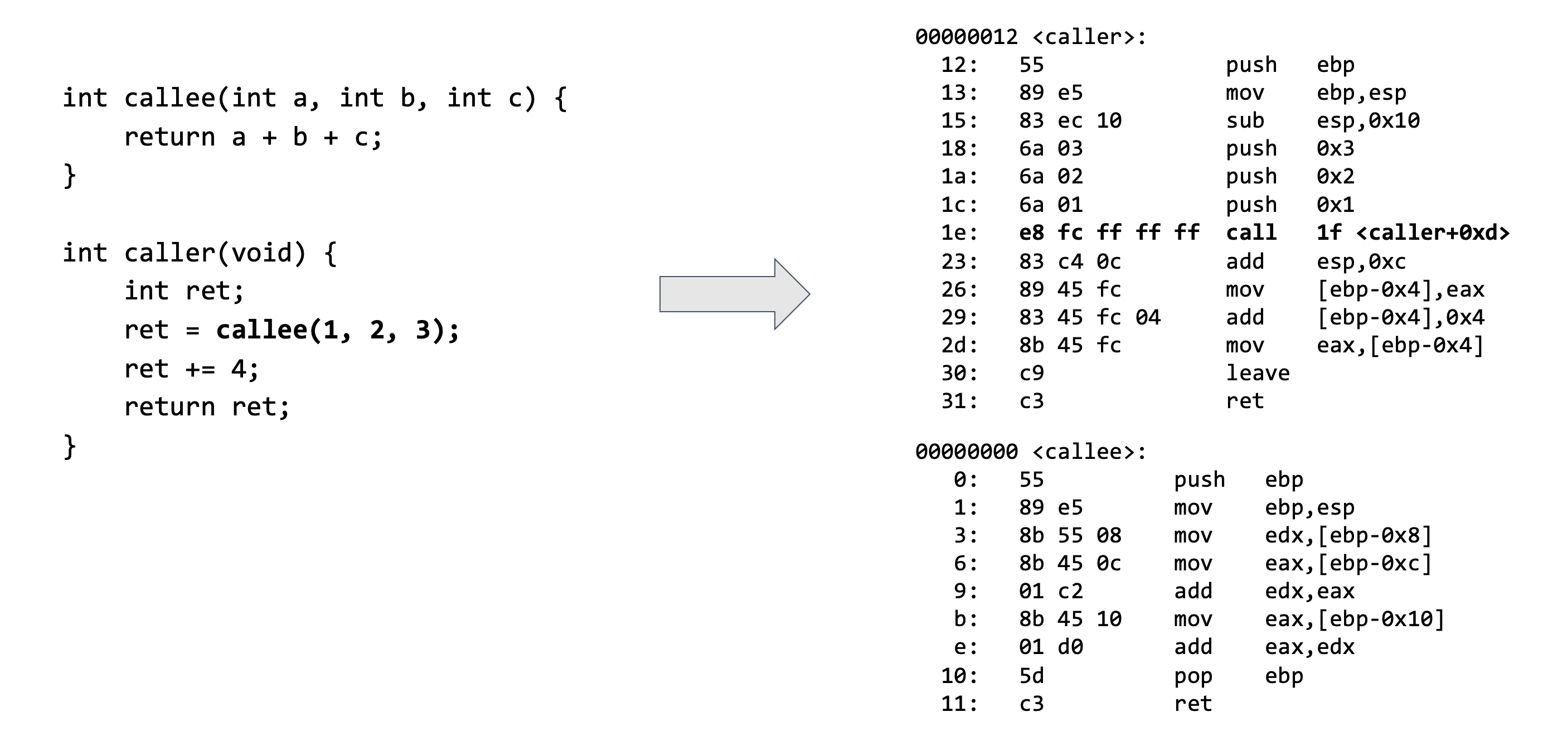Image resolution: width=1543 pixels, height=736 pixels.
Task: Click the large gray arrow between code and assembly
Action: coord(734,294)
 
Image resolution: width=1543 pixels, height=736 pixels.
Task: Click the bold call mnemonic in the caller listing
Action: coord(1251,233)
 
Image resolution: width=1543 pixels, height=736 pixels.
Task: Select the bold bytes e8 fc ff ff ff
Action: coord(1109,233)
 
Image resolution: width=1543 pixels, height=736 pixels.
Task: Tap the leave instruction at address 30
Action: coord(1257,374)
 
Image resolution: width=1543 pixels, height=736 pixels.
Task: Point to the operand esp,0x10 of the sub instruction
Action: coord(1367,121)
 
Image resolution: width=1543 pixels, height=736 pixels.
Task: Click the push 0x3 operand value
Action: coord(1335,149)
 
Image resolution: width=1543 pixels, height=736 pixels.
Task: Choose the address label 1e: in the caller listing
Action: coord(959,233)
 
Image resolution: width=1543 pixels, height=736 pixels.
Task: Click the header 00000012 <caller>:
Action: coord(1030,37)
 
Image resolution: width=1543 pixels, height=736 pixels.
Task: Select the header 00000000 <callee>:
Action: coord(1030,452)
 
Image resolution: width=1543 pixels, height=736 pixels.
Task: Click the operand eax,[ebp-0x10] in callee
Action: coord(1355,619)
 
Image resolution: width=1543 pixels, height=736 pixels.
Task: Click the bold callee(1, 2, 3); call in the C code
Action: coord(337,330)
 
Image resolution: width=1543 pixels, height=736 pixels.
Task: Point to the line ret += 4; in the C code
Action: coord(192,369)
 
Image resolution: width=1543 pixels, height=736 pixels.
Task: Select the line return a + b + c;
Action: coord(252,138)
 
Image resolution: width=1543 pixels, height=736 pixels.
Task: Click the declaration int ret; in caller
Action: coord(184,291)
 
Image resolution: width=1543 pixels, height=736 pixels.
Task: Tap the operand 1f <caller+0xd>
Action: coord(1413,233)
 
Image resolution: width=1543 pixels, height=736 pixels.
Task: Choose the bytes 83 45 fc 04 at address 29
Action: coord(1090,318)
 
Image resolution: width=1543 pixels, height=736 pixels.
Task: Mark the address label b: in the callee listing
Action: coord(965,619)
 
